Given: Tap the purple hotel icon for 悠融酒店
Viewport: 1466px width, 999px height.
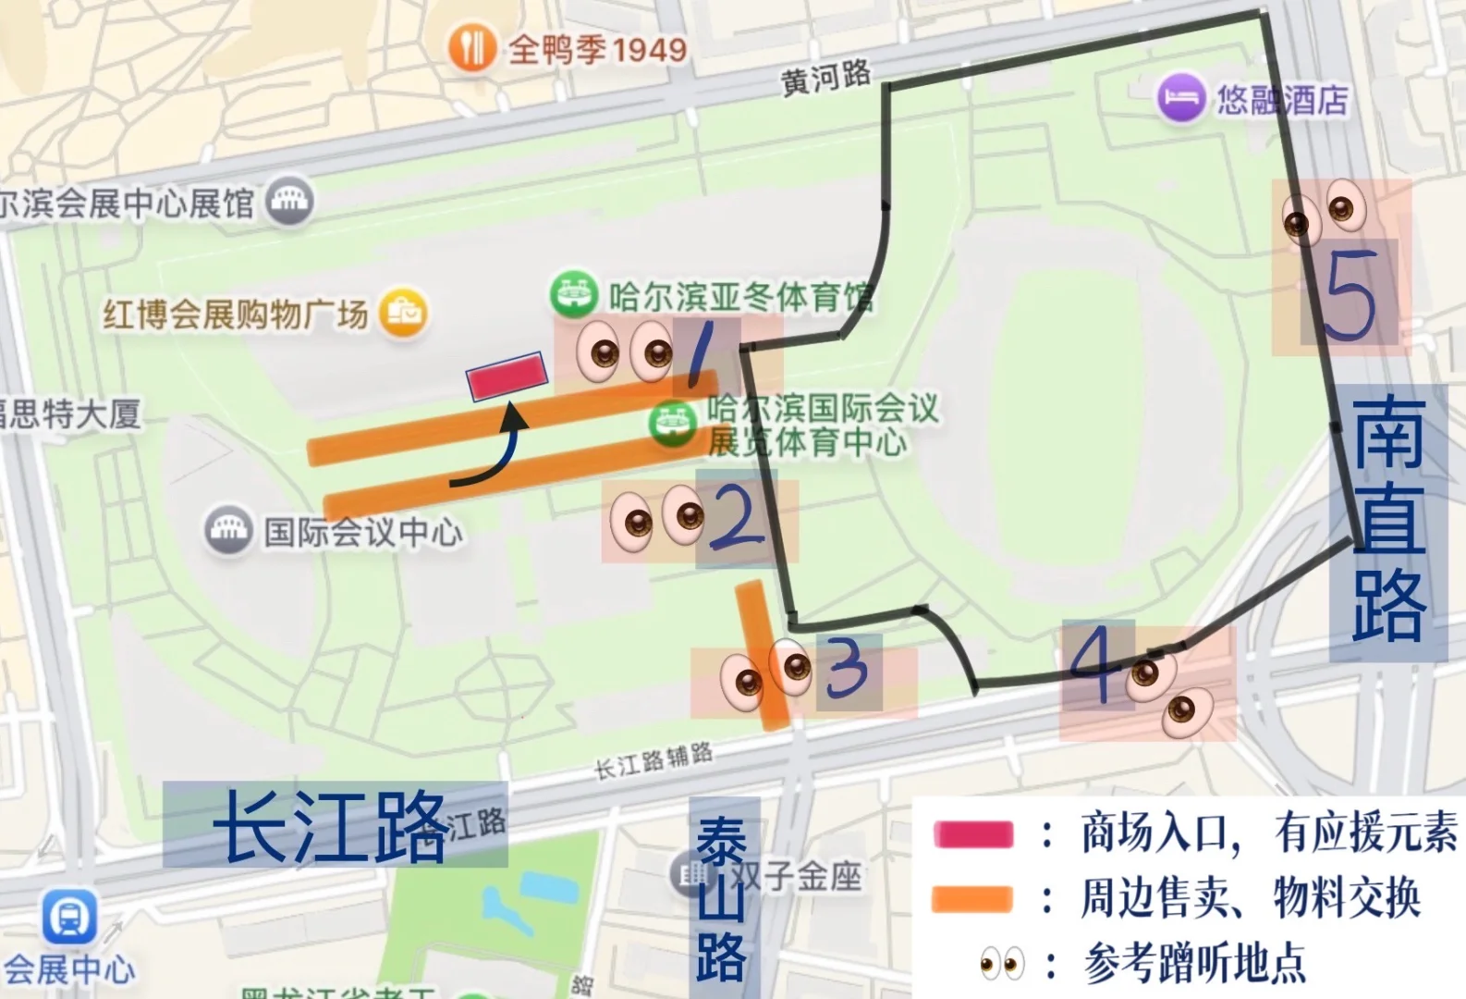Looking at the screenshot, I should coord(1181,97).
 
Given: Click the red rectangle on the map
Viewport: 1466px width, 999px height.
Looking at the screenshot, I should coord(507,376).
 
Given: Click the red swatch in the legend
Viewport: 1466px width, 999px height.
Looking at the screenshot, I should coord(973,833).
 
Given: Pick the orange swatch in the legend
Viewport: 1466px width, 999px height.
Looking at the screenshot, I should coord(973,899).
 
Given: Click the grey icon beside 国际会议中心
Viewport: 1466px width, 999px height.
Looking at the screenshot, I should coord(226,529).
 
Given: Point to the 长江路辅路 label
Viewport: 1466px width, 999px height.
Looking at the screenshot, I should coord(654,760).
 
